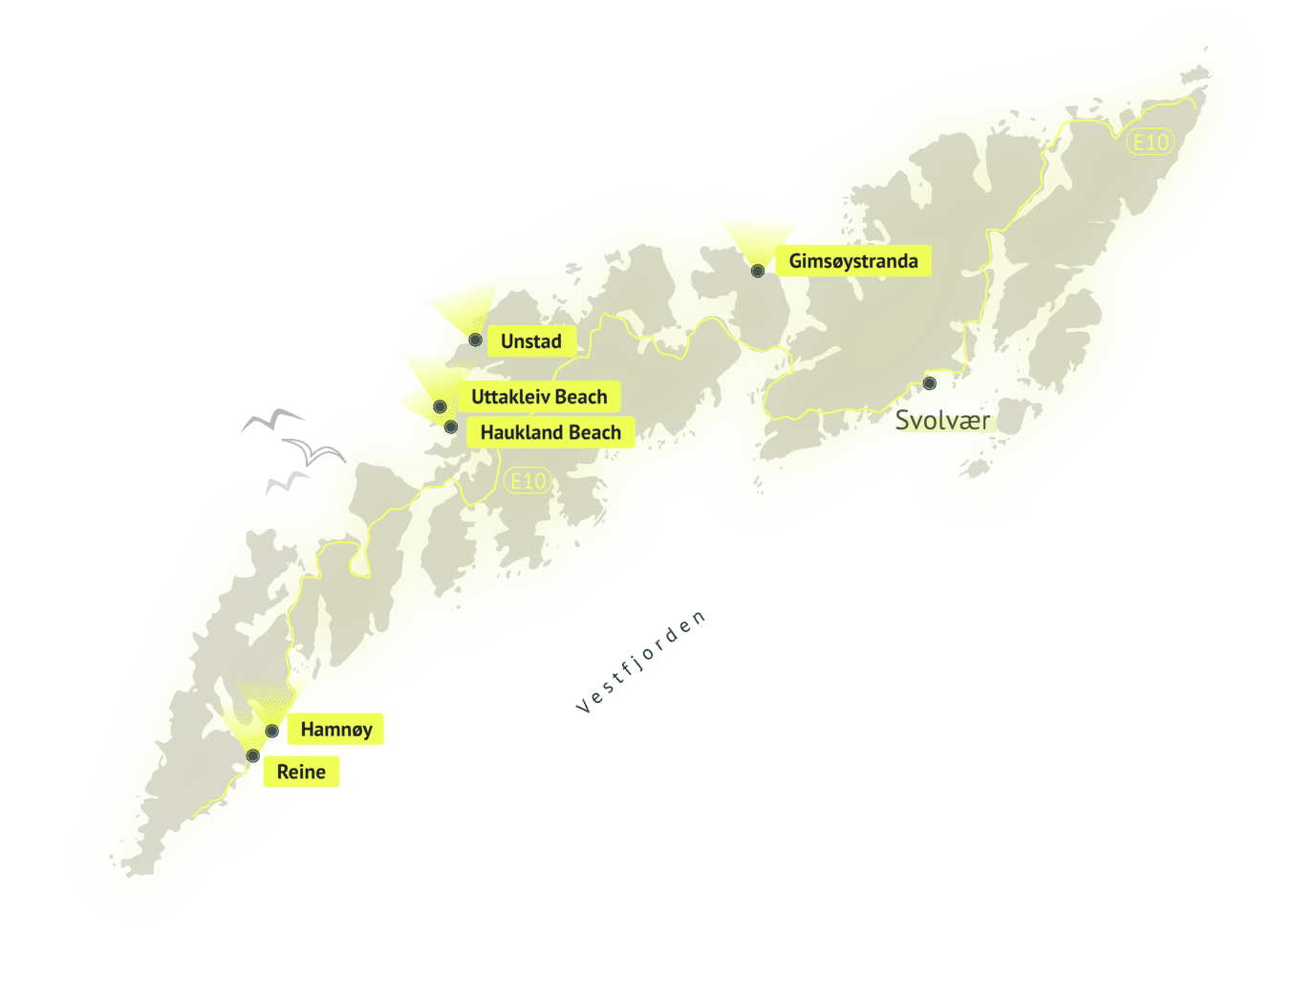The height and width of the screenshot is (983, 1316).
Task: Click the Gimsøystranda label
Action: click(852, 261)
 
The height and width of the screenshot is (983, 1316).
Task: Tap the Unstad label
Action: click(530, 341)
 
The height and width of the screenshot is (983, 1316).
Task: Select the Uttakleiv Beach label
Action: click(539, 397)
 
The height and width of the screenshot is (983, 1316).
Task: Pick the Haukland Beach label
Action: click(550, 432)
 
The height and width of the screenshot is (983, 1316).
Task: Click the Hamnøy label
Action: click(336, 730)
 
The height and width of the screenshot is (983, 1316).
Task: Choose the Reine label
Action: click(301, 772)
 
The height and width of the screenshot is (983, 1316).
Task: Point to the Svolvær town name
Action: click(941, 420)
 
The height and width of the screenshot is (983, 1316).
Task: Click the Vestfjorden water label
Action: click(641, 663)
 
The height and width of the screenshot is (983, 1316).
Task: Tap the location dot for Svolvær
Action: click(930, 383)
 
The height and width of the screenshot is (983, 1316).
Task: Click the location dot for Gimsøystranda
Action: click(758, 271)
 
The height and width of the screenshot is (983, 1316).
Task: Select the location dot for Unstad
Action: click(475, 339)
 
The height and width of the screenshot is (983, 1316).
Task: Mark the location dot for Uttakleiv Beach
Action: click(440, 406)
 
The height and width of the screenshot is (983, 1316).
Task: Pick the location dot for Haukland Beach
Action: click(450, 426)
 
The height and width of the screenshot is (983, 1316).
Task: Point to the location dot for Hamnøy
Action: click(272, 732)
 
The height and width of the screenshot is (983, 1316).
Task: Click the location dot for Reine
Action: click(253, 756)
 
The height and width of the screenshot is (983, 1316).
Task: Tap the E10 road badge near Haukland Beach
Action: click(528, 481)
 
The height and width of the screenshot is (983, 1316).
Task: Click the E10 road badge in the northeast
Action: click(1150, 142)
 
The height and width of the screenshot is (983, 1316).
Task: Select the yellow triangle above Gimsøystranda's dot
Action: click(759, 237)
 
